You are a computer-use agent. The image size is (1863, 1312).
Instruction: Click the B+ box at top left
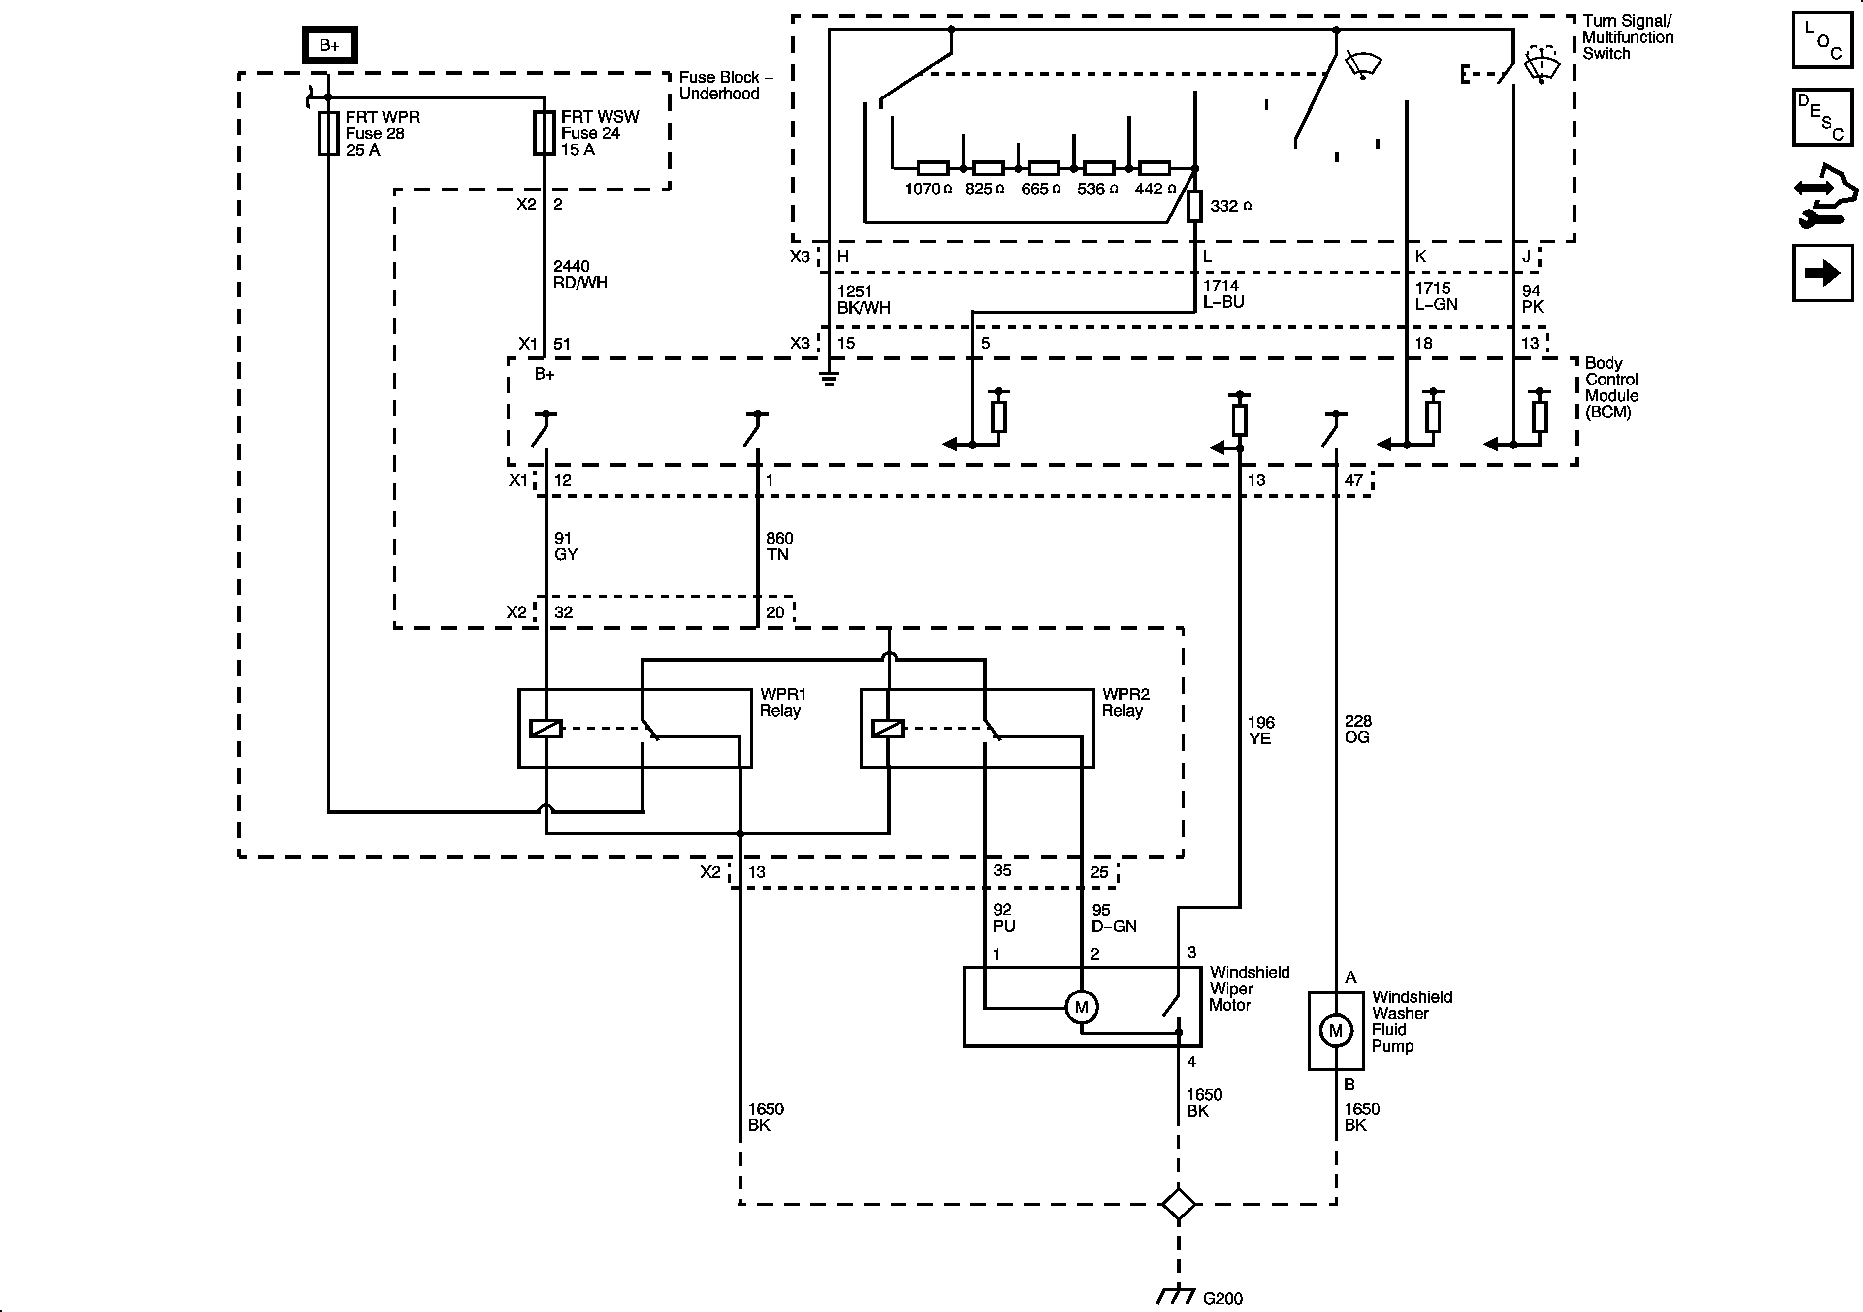(329, 45)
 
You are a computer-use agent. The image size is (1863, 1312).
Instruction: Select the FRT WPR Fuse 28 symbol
(328, 133)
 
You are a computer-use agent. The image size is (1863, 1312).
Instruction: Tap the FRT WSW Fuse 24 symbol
(544, 133)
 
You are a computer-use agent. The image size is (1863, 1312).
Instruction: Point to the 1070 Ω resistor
(932, 169)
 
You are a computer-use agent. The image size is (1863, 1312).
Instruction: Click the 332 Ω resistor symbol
(1194, 206)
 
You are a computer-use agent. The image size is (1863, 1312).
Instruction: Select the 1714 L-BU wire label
(1223, 294)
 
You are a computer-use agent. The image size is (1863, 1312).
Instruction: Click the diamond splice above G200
(1178, 1204)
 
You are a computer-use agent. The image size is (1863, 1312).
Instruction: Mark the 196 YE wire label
(1260, 730)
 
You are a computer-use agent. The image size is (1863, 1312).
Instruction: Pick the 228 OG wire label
(1357, 729)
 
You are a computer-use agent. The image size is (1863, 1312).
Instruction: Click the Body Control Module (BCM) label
(1611, 388)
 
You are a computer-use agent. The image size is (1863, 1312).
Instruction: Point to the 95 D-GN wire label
(1113, 918)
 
